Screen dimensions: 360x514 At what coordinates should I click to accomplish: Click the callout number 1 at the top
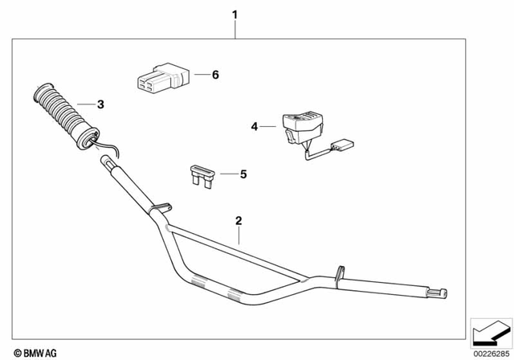pos(235,14)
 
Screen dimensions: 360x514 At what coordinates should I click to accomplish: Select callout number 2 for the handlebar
pos(238,219)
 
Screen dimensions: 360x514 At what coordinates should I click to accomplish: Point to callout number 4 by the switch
pos(255,126)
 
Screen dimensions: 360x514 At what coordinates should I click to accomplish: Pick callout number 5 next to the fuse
pos(243,173)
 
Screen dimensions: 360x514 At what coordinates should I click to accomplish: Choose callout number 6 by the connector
pos(214,75)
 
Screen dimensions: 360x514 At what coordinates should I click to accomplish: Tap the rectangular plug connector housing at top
pos(159,79)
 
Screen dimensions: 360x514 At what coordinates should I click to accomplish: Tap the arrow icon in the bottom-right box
pos(491,329)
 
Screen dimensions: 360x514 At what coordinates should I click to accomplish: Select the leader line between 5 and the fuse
pos(225,173)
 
